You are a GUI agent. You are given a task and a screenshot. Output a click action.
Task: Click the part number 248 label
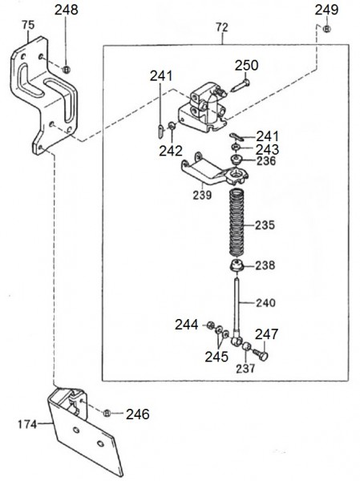pos(67,10)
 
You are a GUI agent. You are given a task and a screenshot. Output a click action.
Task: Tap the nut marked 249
pos(327,29)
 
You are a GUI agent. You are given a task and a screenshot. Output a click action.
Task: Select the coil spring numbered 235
pos(238,223)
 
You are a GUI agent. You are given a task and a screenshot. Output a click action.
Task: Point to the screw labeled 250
pos(241,85)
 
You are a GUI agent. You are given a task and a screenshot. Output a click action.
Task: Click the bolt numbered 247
pos(261,354)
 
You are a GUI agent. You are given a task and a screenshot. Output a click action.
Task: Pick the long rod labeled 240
pos(238,309)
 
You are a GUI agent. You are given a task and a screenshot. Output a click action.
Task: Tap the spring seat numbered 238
pos(237,265)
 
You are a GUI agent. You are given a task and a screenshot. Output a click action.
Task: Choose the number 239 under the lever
pos(202,195)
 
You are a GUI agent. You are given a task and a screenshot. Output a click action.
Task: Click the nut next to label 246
pos(107,413)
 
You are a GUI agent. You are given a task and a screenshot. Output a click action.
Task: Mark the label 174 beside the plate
pos(27,424)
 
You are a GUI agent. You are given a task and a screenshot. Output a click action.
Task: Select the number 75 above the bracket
pos(28,25)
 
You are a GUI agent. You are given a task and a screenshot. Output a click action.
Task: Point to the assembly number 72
pos(222,27)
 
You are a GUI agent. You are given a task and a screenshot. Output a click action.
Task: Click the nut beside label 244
pos(210,325)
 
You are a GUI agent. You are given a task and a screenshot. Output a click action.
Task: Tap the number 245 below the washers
pos(216,357)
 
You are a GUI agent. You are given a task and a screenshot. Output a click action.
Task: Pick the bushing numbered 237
pos(246,348)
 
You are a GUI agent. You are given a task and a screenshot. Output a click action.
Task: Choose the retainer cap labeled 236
pos(237,160)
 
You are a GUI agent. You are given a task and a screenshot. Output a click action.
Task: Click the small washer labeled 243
pos(236,148)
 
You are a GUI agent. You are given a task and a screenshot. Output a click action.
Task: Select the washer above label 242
pos(172,126)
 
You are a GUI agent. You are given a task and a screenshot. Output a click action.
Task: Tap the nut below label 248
pos(67,69)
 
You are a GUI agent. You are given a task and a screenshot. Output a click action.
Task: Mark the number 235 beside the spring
pos(265,225)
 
